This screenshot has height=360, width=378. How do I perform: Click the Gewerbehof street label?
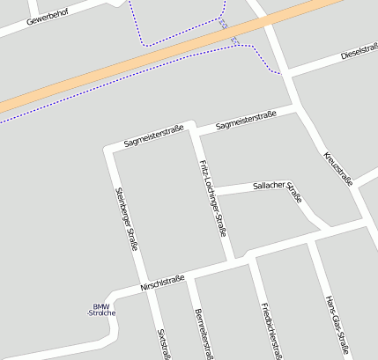48,15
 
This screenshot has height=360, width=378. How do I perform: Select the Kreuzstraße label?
338,168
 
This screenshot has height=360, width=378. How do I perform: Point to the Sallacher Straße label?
277,186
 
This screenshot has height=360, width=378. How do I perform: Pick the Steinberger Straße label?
127,218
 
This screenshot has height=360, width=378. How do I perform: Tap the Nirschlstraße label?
162,283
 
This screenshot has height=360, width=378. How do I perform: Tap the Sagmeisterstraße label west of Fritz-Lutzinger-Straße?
153,135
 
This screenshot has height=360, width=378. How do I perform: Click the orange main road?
159,57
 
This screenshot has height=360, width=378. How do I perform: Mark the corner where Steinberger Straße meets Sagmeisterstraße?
110,149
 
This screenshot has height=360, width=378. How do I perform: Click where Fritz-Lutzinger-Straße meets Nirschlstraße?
231,261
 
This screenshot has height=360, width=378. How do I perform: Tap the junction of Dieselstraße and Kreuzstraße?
288,72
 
